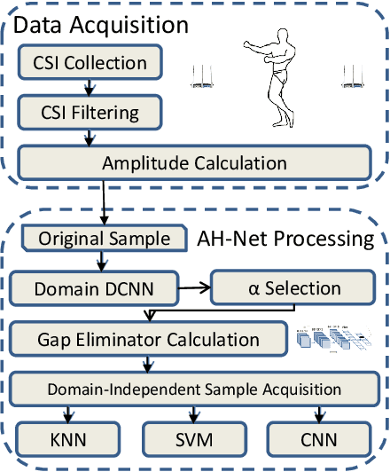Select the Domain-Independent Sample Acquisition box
pos(194,389)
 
